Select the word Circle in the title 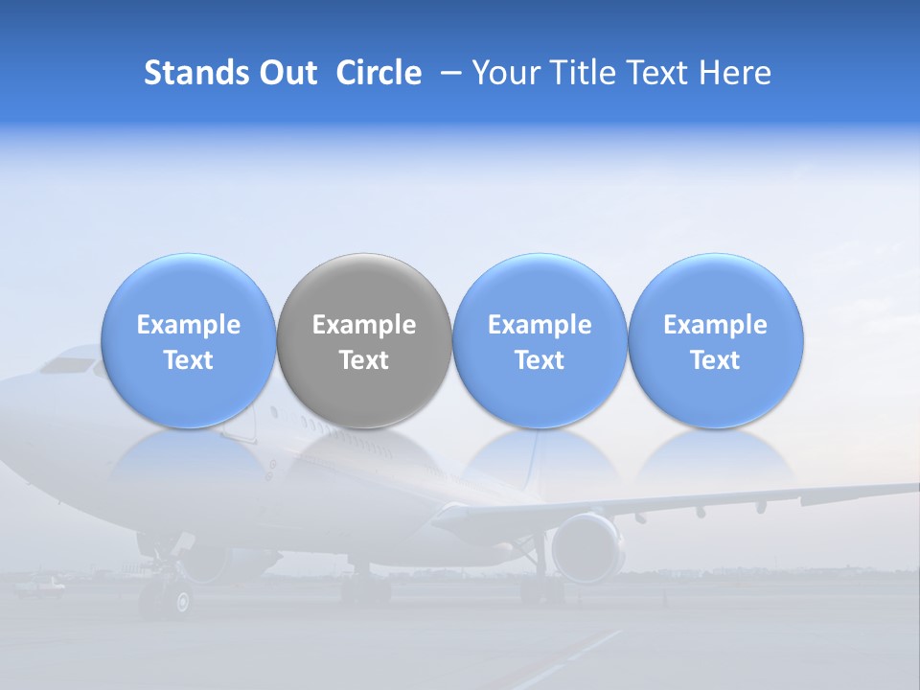pyautogui.click(x=379, y=73)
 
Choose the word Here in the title pyautogui.click(x=733, y=73)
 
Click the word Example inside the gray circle pyautogui.click(x=364, y=325)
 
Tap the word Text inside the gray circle pyautogui.click(x=364, y=360)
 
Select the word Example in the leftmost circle pyautogui.click(x=189, y=325)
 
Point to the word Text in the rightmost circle pyautogui.click(x=716, y=360)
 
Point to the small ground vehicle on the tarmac pyautogui.click(x=42, y=584)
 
